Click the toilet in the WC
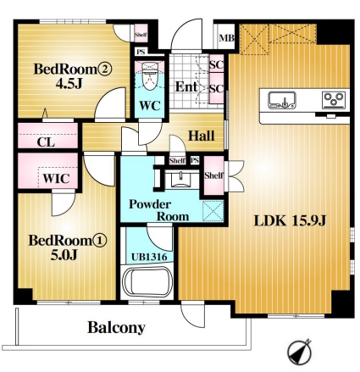[149, 75]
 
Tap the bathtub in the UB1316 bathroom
[148, 282]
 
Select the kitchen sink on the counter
[282, 100]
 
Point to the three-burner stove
[335, 100]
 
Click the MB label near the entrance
[227, 38]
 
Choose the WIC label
[56, 179]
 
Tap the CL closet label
[46, 142]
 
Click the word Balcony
[116, 328]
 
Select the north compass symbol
[300, 352]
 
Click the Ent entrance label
[186, 86]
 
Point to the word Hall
[202, 136]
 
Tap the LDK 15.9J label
[290, 220]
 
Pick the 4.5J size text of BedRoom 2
[69, 83]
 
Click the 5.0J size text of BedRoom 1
[64, 255]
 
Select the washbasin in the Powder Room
[180, 180]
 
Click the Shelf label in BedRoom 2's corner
[141, 35]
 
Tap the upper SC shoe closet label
[217, 65]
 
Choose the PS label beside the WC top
[141, 53]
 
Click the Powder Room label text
[158, 210]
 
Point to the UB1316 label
[149, 257]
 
